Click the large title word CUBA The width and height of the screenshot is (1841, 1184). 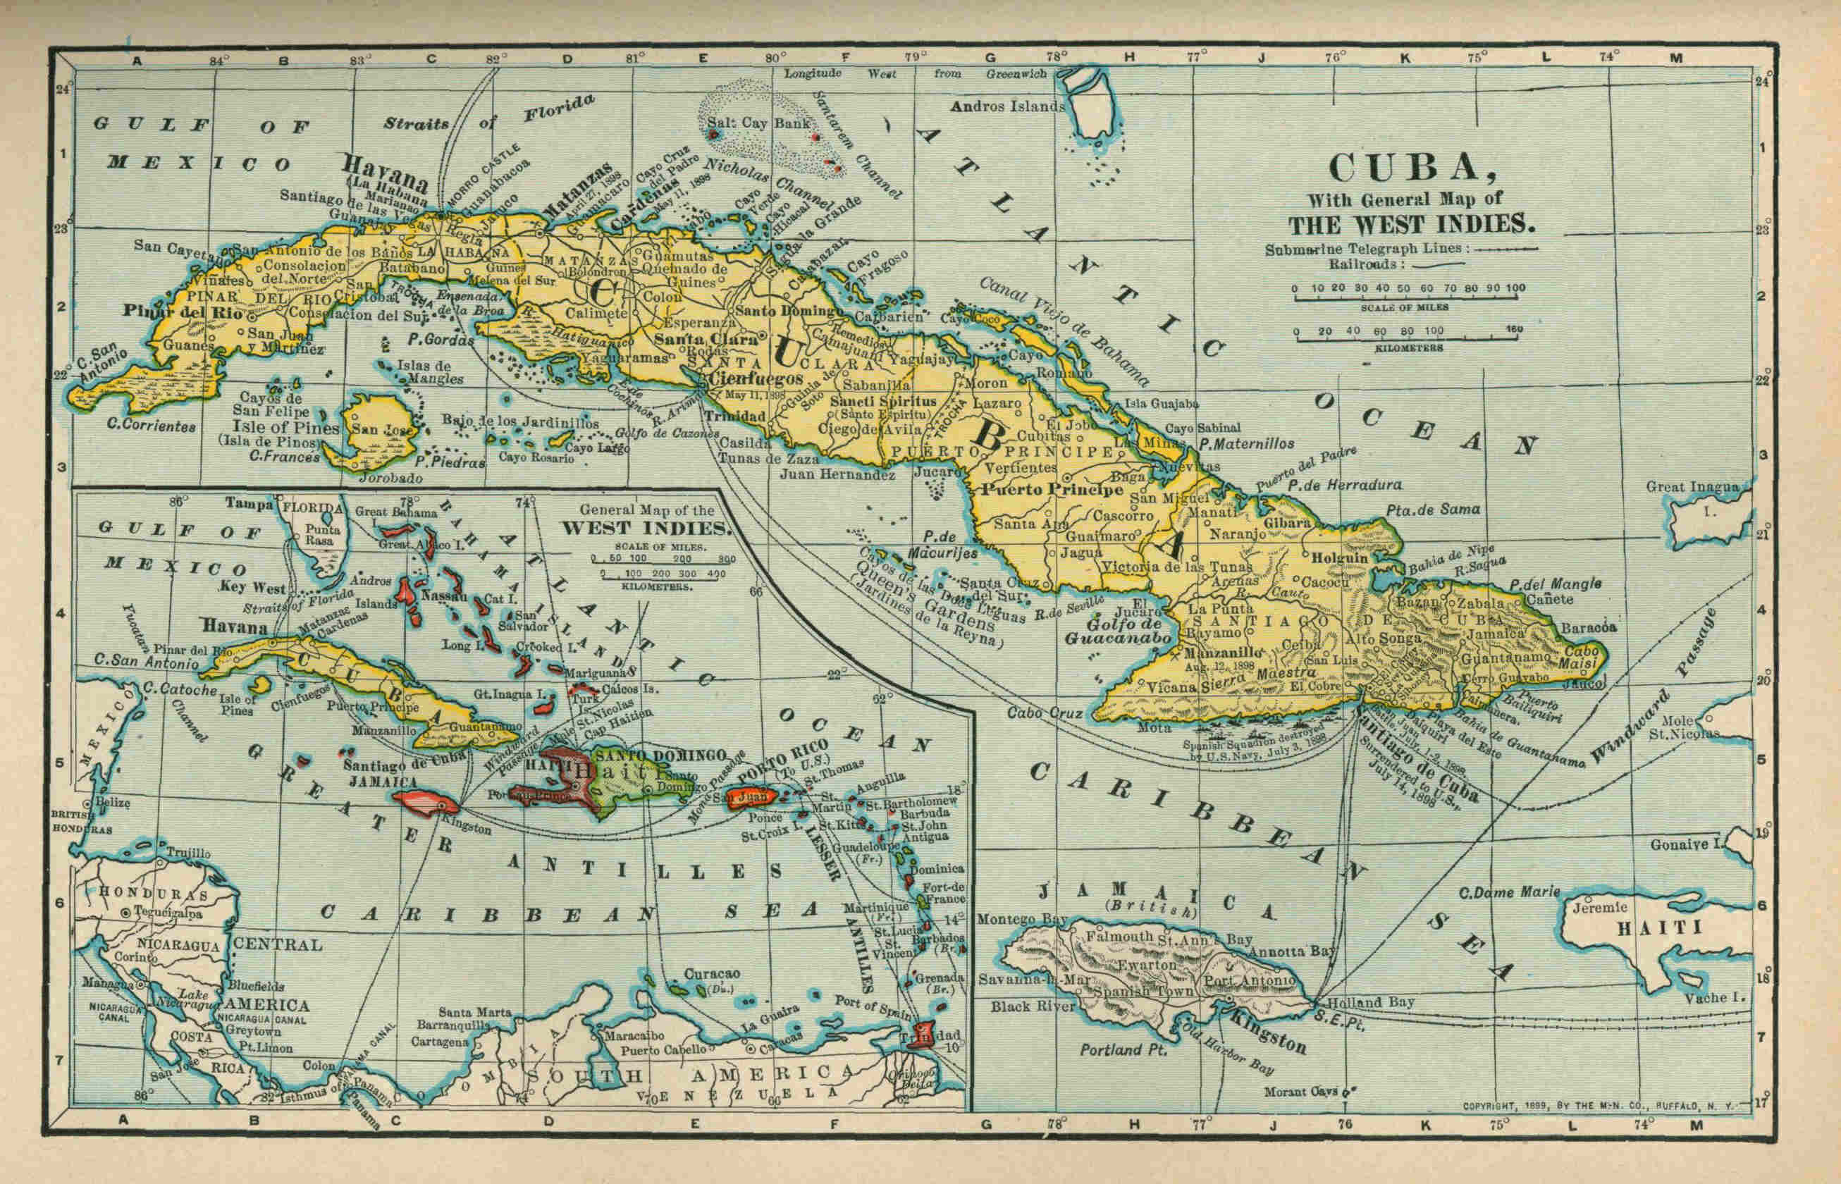[x=1410, y=169]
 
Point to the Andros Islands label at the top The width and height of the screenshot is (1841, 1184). [x=1007, y=107]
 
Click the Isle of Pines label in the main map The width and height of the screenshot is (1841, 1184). [x=286, y=428]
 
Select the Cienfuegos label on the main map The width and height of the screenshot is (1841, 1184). [x=756, y=378]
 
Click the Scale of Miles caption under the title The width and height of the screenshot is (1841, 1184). [x=1405, y=307]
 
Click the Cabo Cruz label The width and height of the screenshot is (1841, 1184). [x=1045, y=713]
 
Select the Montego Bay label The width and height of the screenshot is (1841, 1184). [x=1012, y=920]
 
